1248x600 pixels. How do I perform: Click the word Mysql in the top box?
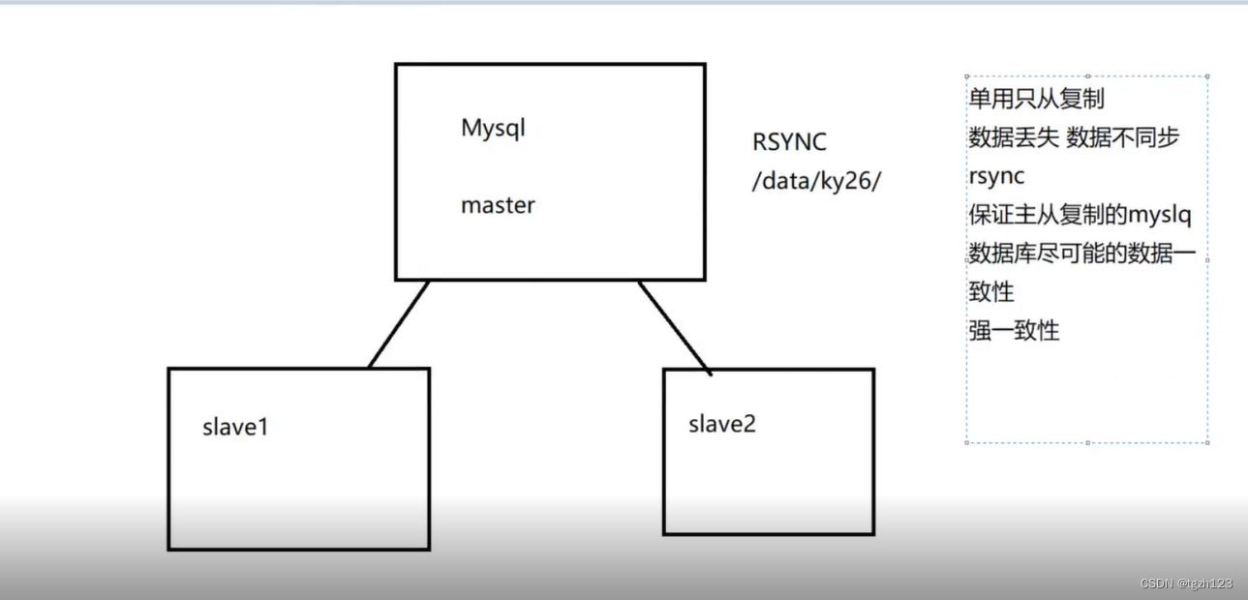pos(493,129)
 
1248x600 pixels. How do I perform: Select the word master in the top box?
pos(498,205)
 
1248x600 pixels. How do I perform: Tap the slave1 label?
pos(234,426)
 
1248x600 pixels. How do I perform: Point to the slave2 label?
pos(721,424)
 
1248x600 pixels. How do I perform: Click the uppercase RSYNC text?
pos(789,142)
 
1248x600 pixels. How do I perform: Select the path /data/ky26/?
pos(816,181)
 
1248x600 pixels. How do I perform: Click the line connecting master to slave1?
pos(399,324)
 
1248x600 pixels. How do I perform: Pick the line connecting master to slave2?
pos(675,327)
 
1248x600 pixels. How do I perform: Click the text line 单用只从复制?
pos(1036,99)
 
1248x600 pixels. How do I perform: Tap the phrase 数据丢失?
pos(1014,137)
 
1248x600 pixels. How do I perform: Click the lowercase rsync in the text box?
pos(996,177)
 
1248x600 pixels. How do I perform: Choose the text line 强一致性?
pos(1014,331)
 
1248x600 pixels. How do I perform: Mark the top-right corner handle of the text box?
pos(1207,75)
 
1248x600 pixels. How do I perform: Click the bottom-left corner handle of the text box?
pos(967,442)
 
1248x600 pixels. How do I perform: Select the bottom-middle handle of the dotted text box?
pos(1087,442)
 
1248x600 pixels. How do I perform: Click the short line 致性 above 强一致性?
pos(990,291)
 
